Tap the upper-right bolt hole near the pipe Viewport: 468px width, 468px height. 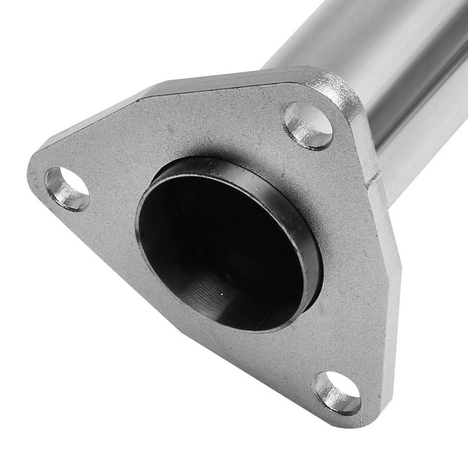pyautogui.click(x=309, y=125)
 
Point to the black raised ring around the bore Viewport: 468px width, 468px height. pyautogui.click(x=300, y=220)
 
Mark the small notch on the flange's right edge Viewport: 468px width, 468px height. pyautogui.click(x=374, y=180)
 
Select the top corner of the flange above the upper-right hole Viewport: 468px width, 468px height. pyautogui.click(x=328, y=77)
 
